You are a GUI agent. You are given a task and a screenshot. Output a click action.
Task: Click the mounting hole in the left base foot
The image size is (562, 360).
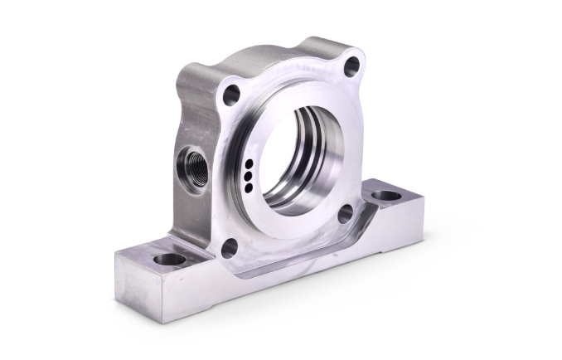[169, 260]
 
